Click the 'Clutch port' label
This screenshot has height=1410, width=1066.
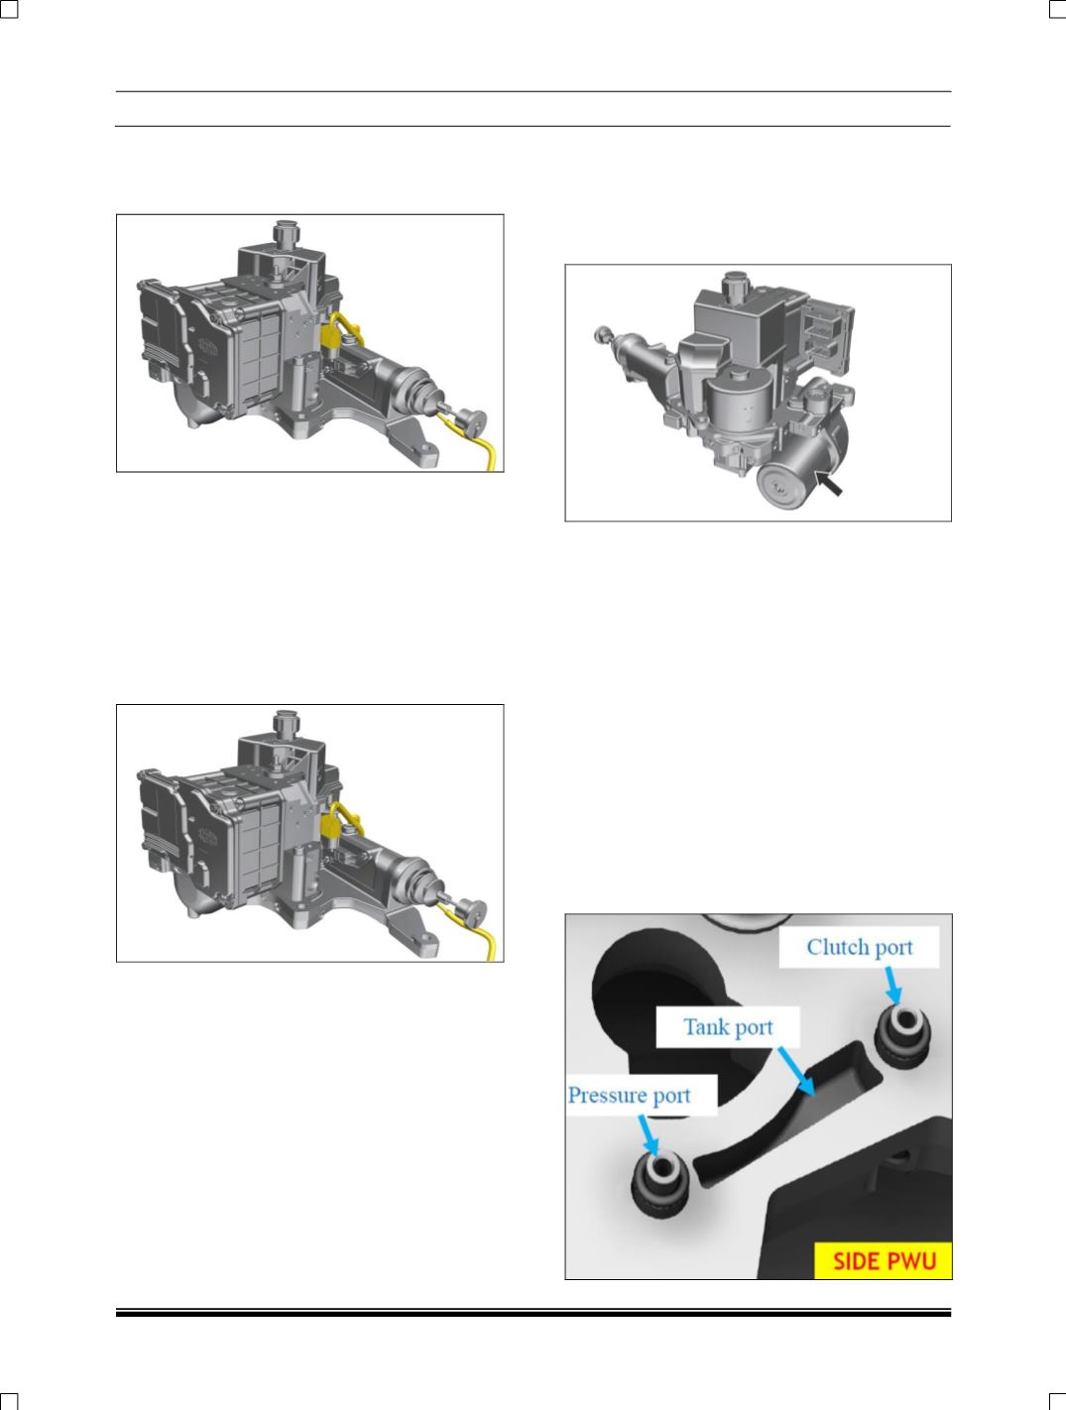(x=859, y=948)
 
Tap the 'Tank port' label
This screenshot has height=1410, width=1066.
(x=728, y=1027)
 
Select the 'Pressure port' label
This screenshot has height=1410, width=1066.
(x=630, y=1096)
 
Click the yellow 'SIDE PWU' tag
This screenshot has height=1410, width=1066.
(x=884, y=1261)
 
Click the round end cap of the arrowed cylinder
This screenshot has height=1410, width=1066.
(x=782, y=487)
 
